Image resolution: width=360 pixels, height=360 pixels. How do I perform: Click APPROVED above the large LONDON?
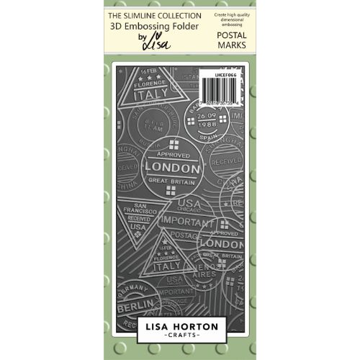tap(171, 153)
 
